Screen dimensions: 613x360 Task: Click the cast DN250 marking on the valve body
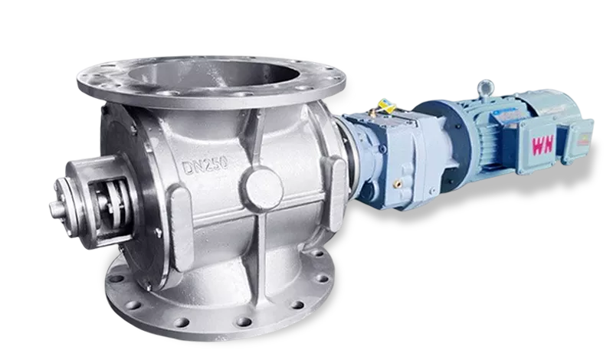205,164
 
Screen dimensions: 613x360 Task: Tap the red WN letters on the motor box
543,146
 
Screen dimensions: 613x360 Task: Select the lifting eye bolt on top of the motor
486,90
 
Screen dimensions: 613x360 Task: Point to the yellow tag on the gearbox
387,106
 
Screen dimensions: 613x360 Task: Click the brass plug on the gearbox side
399,183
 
